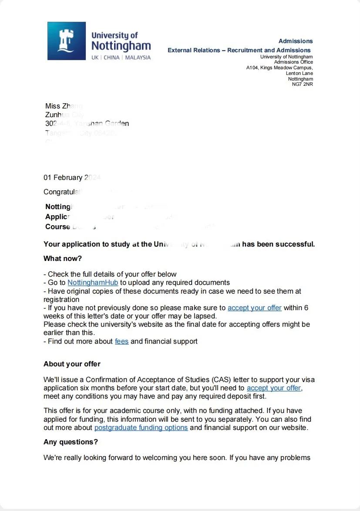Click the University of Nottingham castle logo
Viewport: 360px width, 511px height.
(67, 41)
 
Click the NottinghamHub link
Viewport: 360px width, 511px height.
(93, 283)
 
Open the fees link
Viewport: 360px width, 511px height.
(121, 342)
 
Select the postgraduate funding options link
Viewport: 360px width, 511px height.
(141, 428)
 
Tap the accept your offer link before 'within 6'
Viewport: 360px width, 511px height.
(255, 308)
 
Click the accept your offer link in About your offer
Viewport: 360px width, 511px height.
(274, 388)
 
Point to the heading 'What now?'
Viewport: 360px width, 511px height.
(63, 259)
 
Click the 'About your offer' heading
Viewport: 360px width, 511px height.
(72, 364)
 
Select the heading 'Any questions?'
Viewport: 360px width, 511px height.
(71, 442)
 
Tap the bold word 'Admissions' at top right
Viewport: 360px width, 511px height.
(296, 41)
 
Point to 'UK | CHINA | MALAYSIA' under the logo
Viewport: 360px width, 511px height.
(121, 58)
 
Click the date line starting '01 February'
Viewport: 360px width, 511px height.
(63, 178)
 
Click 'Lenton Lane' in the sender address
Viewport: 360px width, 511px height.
(299, 73)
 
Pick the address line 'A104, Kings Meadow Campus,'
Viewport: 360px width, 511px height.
(279, 68)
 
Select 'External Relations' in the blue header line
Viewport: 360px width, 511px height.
(194, 51)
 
